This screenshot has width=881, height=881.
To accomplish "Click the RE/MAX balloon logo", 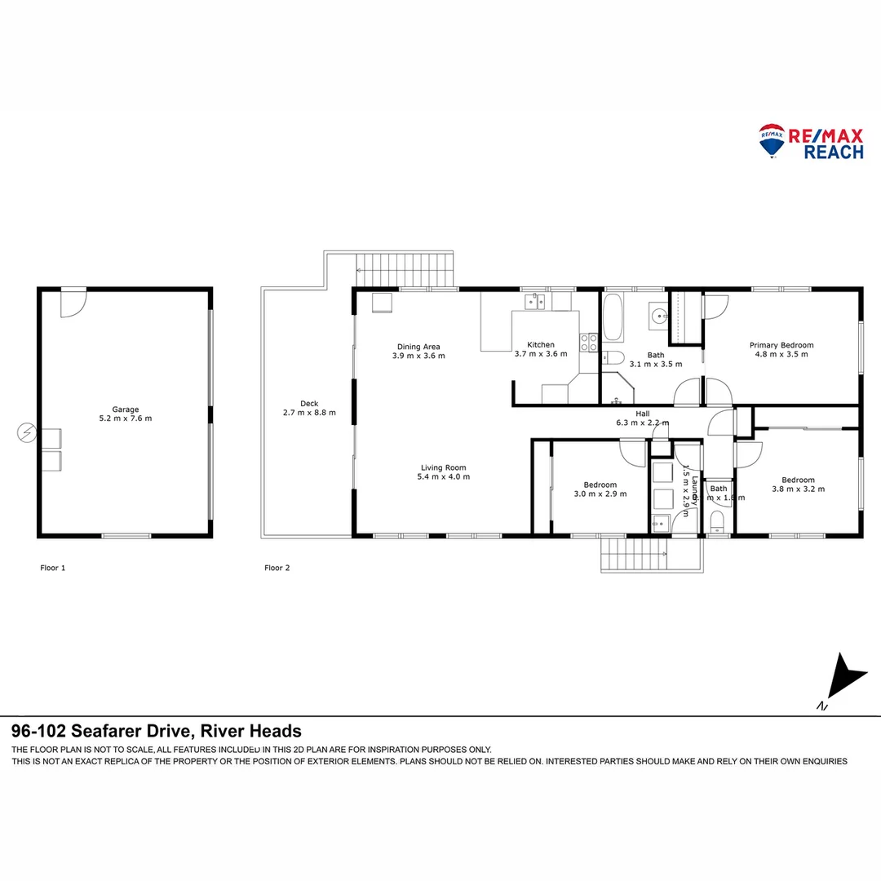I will click(x=772, y=139).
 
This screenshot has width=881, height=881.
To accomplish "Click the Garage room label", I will click(x=126, y=410).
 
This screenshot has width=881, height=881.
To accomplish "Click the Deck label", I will click(x=309, y=403).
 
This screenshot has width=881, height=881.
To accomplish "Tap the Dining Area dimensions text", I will click(x=418, y=356).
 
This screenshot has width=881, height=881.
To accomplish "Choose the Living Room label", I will click(x=443, y=467).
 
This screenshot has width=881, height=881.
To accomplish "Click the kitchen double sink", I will click(x=535, y=303).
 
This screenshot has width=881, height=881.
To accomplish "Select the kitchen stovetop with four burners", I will click(x=588, y=343).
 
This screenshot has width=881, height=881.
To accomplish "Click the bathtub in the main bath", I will click(x=613, y=317).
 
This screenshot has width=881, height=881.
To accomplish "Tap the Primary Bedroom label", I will click(x=781, y=345).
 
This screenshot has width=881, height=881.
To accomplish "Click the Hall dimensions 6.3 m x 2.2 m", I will click(x=642, y=423).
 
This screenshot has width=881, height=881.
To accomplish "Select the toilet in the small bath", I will click(x=718, y=520).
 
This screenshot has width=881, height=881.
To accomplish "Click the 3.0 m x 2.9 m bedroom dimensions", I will click(x=600, y=494).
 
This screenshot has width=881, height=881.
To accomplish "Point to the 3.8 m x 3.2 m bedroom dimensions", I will click(x=798, y=489).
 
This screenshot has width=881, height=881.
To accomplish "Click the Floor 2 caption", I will click(x=277, y=568).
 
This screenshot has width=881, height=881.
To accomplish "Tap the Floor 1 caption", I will click(x=53, y=568).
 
